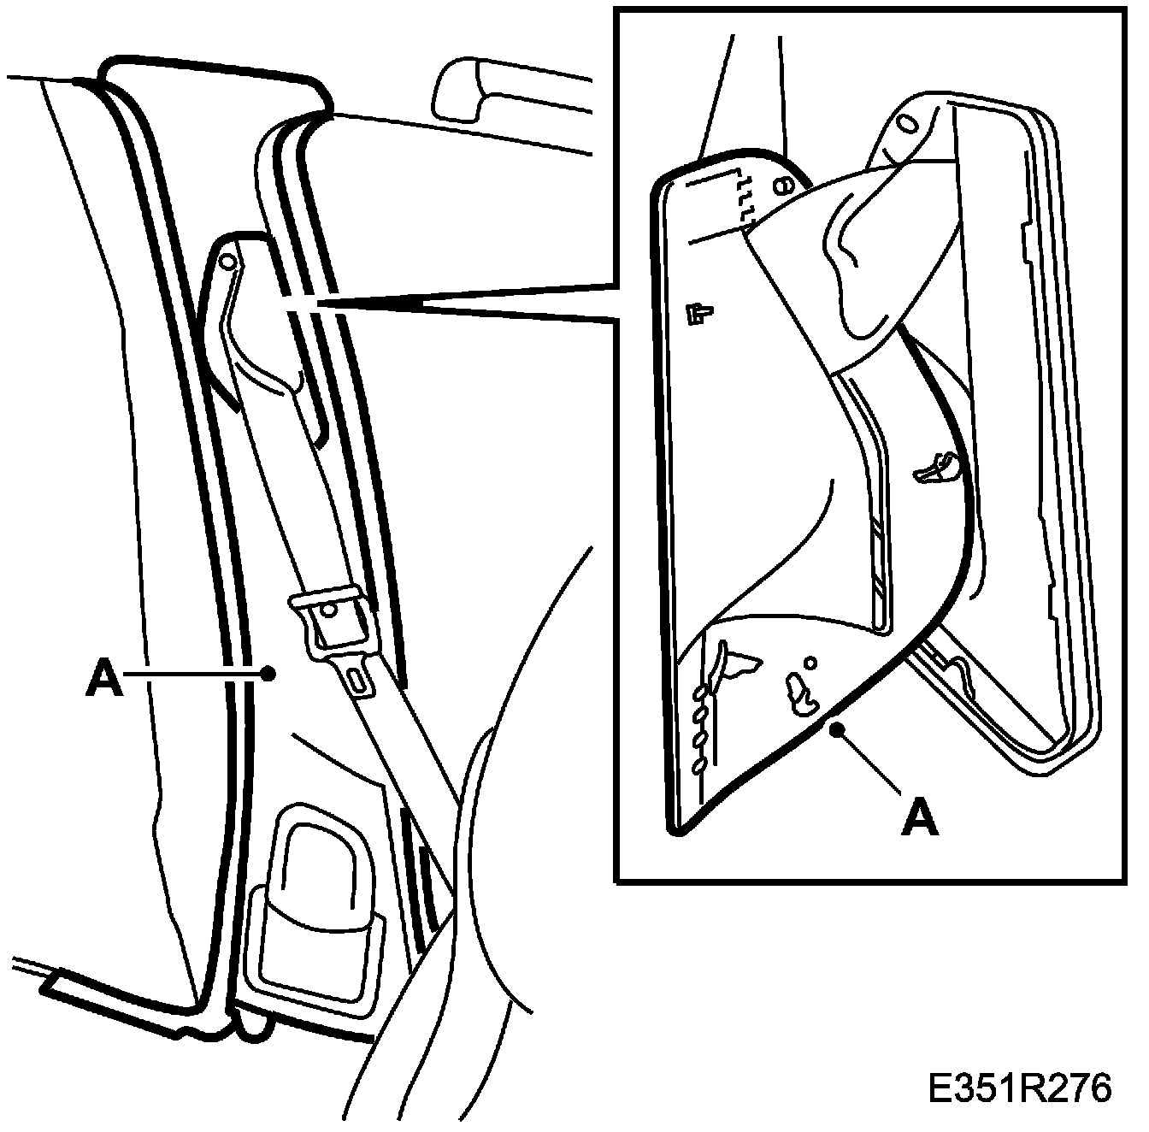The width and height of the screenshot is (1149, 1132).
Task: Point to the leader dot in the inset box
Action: (841, 728)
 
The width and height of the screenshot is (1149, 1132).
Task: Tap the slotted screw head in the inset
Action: (780, 185)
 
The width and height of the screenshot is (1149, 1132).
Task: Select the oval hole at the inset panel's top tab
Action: (907, 125)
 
